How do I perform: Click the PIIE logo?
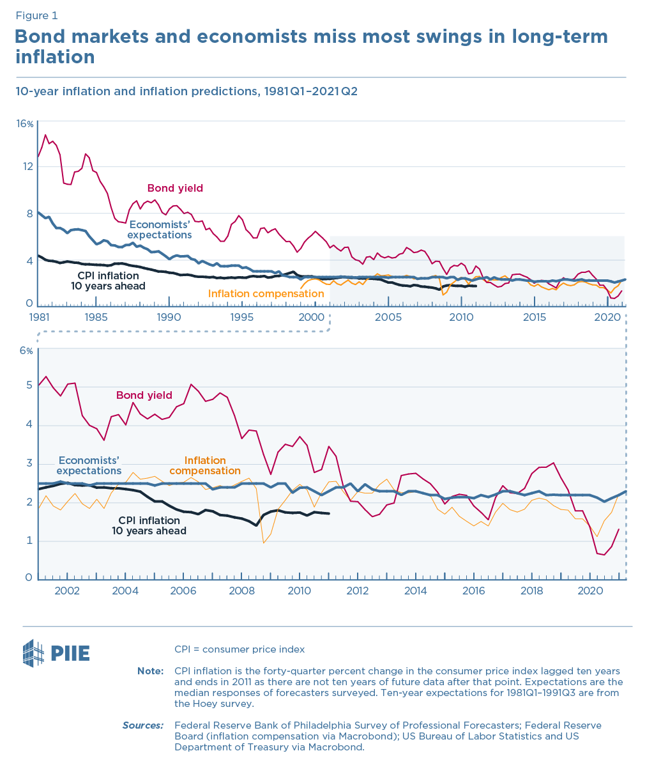pyautogui.click(x=56, y=653)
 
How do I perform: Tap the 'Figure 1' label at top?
pyautogui.click(x=36, y=15)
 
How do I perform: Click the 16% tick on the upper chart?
pyautogui.click(x=25, y=123)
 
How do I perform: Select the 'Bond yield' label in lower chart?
pyautogui.click(x=144, y=395)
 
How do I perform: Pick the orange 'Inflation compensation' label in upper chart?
pyautogui.click(x=266, y=294)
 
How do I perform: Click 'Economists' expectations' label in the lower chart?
pyautogui.click(x=89, y=465)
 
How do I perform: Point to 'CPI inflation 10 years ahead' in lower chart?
pyautogui.click(x=149, y=525)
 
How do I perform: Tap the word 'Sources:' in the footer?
pyautogui.click(x=143, y=725)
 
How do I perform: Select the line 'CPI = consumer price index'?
pyautogui.click(x=240, y=649)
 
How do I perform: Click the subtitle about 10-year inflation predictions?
pyautogui.click(x=186, y=91)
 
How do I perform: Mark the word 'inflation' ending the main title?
pyautogui.click(x=55, y=57)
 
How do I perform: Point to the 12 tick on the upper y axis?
pyautogui.click(x=27, y=167)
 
